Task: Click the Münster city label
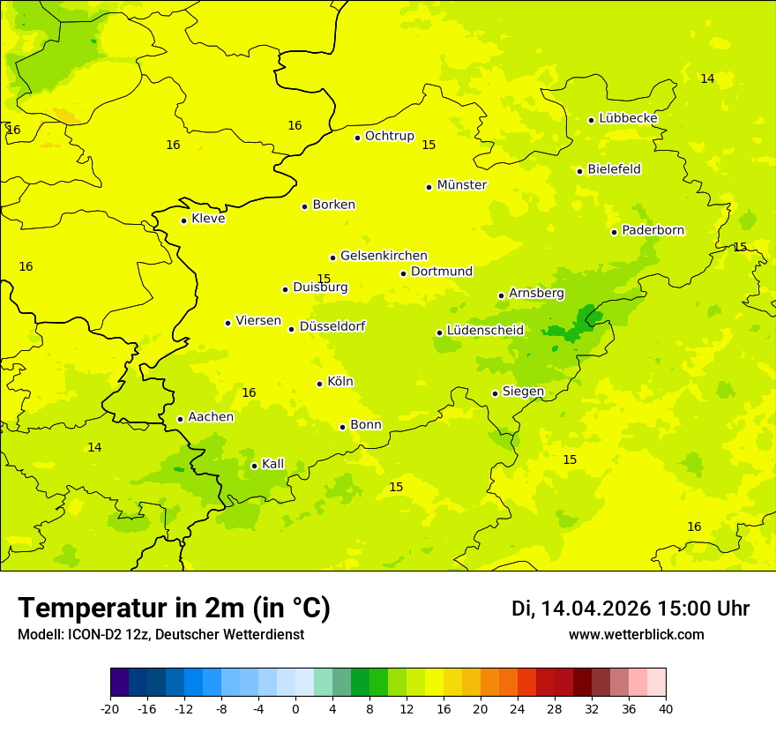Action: click(461, 185)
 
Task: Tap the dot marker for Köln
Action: click(319, 384)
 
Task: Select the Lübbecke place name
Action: click(628, 118)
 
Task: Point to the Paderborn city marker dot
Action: click(614, 232)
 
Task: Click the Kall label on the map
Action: click(273, 464)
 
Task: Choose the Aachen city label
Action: click(211, 417)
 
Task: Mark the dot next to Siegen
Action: click(495, 393)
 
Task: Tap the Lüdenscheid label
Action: click(485, 331)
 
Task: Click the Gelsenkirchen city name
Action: click(384, 256)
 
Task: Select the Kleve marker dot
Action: click(183, 220)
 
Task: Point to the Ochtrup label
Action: click(389, 136)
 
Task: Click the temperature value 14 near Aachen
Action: click(94, 448)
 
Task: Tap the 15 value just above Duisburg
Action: click(324, 279)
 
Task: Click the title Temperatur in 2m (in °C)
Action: click(174, 608)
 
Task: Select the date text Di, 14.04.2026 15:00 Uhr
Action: click(630, 609)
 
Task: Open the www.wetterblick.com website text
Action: click(636, 635)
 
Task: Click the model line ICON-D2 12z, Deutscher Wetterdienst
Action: click(160, 635)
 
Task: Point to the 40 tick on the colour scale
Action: click(665, 708)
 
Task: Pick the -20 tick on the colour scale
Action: click(110, 708)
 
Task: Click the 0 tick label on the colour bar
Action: click(295, 708)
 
